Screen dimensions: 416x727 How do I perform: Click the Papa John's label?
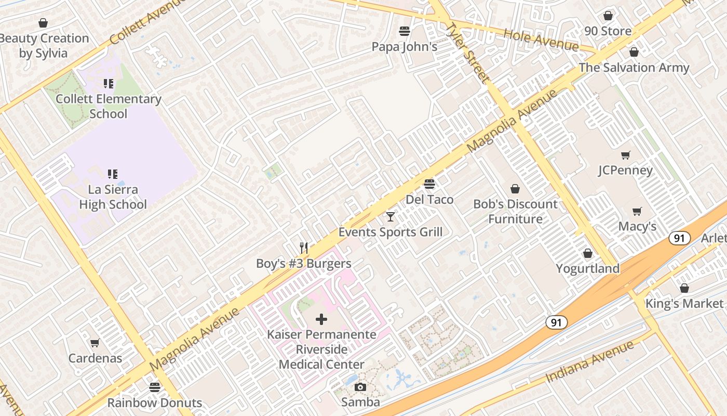click(404, 47)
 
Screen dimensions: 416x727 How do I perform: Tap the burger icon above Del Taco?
click(429, 184)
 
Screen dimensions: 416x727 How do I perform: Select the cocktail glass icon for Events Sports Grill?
click(391, 216)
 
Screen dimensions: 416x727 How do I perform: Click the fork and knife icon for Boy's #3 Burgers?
click(304, 248)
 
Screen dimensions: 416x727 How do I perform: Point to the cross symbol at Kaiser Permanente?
click(321, 319)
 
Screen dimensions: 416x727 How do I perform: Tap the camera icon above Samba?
click(360, 387)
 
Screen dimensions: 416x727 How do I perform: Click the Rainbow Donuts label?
click(154, 402)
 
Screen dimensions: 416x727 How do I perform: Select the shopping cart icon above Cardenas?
click(95, 343)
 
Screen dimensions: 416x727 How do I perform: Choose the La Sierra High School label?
click(113, 197)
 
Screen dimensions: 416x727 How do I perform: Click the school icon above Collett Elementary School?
click(108, 84)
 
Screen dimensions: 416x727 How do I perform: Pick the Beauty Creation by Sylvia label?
click(44, 46)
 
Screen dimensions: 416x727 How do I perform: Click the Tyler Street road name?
click(467, 53)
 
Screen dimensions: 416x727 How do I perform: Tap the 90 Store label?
click(608, 31)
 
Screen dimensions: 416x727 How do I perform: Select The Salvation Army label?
click(634, 68)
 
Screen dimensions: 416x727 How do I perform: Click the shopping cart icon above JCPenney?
click(626, 155)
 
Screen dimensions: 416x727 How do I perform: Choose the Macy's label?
click(637, 227)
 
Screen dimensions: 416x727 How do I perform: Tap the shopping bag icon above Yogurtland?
click(588, 253)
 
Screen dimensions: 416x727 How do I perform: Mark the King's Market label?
click(684, 304)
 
